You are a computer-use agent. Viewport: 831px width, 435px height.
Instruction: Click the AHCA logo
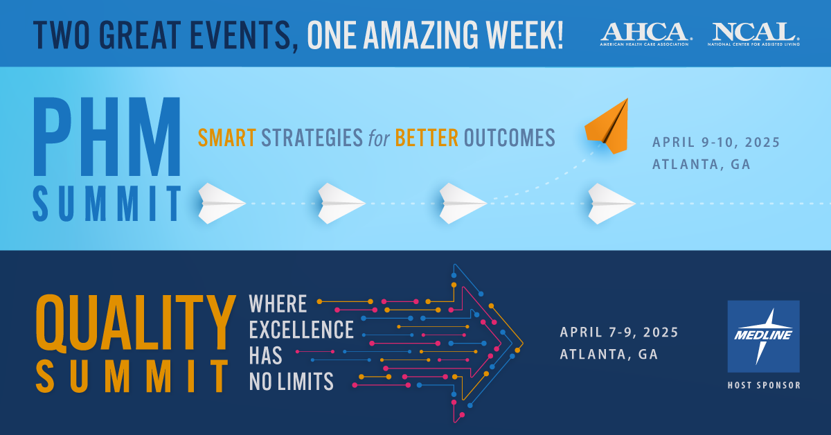point(646,34)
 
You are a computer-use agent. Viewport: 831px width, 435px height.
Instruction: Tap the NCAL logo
point(754,34)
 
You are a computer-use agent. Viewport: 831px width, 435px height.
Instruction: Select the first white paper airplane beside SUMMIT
point(222,204)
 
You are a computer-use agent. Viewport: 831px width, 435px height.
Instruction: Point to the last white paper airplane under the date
point(611,204)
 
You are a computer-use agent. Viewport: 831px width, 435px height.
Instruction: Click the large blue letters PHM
point(107,136)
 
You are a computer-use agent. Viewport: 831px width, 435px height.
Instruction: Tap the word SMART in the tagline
point(226,138)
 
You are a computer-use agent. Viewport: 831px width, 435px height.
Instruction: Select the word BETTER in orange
point(427,138)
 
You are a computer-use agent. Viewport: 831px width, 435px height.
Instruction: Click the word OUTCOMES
point(510,138)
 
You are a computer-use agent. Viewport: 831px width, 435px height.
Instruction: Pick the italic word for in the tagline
point(379,138)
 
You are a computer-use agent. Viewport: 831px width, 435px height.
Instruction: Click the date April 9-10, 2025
point(716,142)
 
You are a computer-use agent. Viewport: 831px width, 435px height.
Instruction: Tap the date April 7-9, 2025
point(619,332)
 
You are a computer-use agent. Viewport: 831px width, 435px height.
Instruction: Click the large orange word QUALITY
point(136,323)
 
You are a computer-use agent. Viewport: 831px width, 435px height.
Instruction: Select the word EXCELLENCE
point(301,330)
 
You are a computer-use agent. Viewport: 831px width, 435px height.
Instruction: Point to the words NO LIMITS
point(292,381)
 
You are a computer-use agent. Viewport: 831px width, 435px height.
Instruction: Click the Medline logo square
point(763,336)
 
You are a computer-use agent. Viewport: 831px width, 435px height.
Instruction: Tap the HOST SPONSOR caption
point(764,385)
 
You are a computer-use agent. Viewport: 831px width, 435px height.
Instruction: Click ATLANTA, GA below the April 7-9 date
point(609,354)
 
